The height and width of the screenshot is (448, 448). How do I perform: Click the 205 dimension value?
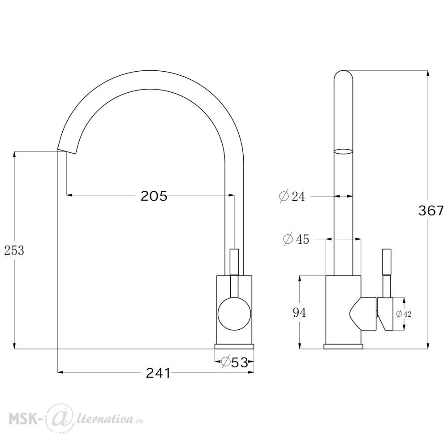coord(154,196)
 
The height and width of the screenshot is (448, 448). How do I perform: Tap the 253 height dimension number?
coord(14,250)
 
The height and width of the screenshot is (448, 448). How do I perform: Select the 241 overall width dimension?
coord(158,373)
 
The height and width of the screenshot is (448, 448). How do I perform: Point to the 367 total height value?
coord(431,211)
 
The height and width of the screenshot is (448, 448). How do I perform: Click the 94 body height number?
coord(299,313)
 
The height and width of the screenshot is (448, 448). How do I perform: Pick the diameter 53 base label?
coord(235,362)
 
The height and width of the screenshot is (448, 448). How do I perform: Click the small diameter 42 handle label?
coord(404,314)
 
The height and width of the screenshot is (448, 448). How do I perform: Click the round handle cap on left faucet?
coord(234,314)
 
